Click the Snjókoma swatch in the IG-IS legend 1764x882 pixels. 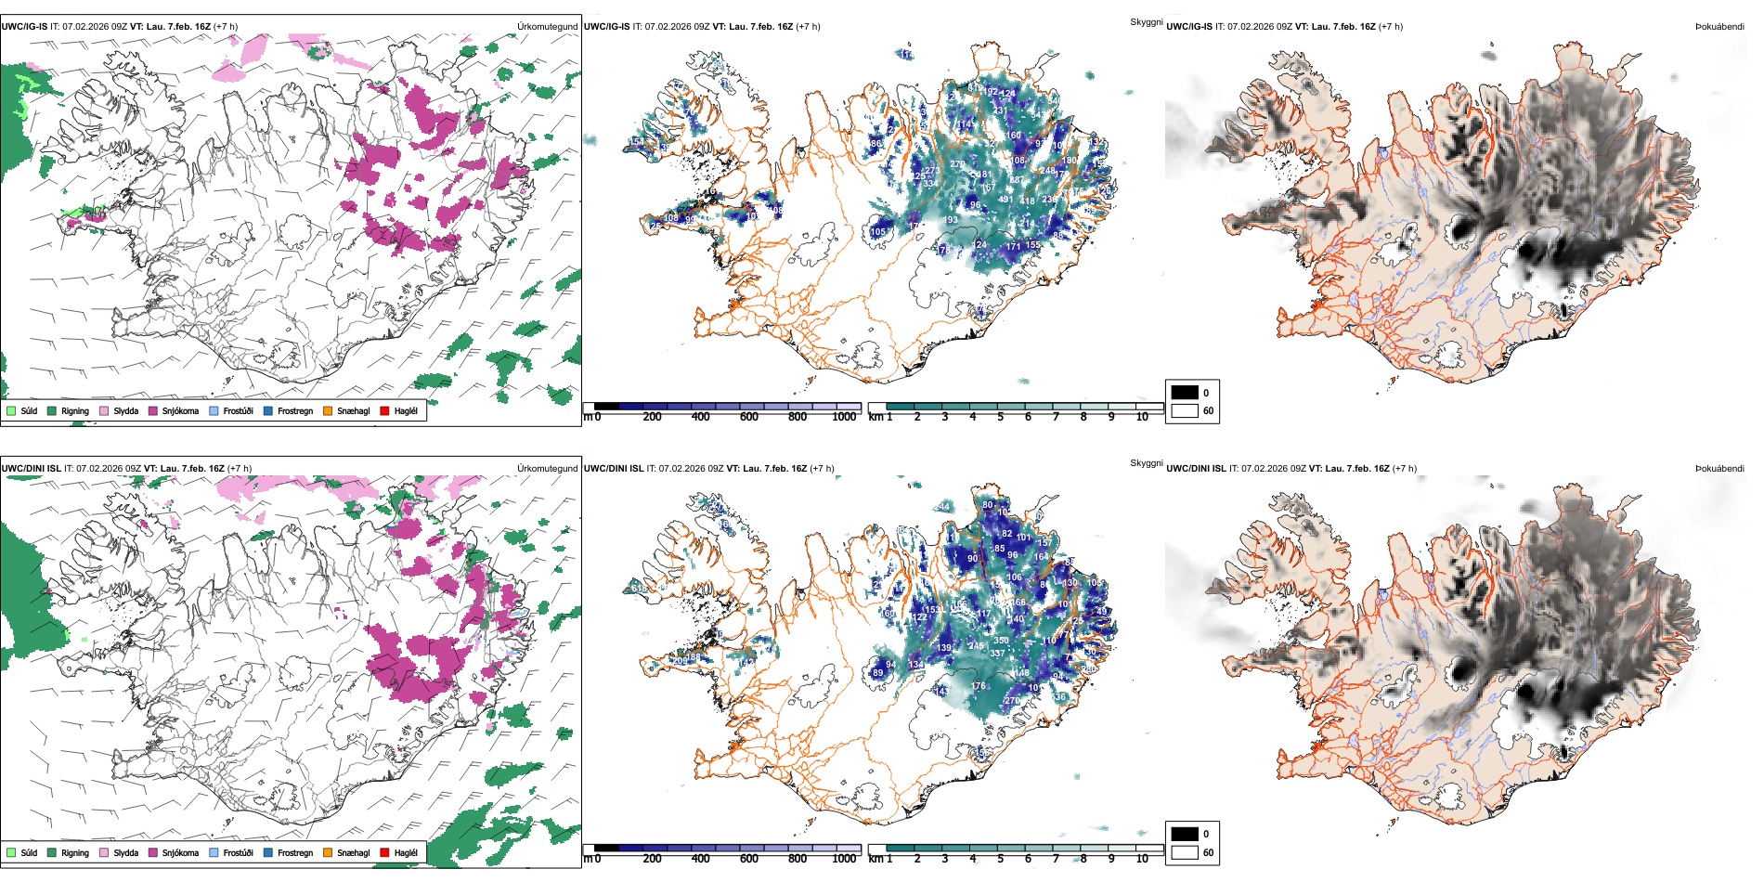tap(153, 410)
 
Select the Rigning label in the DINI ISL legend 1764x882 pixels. tap(75, 852)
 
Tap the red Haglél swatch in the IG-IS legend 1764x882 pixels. tap(384, 410)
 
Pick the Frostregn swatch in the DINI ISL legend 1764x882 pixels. tap(268, 852)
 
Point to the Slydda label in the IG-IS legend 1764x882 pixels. tap(125, 410)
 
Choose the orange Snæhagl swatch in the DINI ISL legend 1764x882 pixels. tap(328, 852)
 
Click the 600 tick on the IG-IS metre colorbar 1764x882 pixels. tap(749, 417)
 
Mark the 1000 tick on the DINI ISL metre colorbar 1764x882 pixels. tap(844, 859)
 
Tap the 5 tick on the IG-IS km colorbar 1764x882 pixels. tap(1000, 417)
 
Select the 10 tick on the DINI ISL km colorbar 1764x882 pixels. tap(1142, 859)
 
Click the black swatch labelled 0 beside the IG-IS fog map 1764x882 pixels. tap(1185, 392)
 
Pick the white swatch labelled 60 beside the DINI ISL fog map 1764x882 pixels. tap(1185, 852)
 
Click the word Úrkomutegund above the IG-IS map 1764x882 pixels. tap(547, 26)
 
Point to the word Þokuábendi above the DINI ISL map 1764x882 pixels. tap(1719, 468)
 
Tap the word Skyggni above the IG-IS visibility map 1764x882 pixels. tap(1146, 21)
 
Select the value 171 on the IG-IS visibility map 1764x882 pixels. tap(1014, 247)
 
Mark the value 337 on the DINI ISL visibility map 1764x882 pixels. tap(997, 654)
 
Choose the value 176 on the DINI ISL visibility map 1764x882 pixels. tap(979, 686)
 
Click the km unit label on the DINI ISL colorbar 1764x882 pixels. tap(876, 859)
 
